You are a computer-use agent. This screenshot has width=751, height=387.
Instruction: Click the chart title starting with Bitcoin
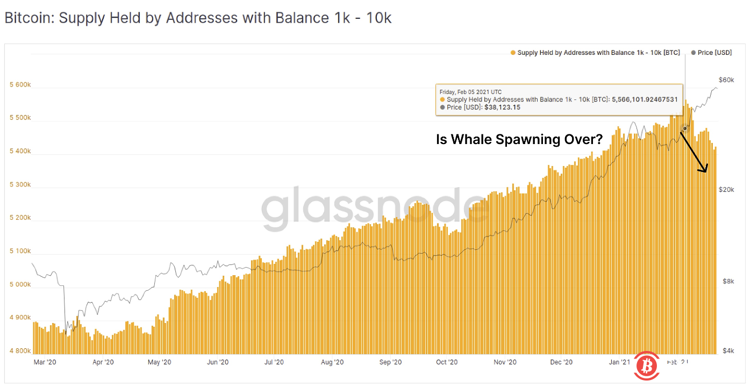pos(198,18)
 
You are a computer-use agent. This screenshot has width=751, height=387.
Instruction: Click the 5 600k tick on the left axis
pos(20,85)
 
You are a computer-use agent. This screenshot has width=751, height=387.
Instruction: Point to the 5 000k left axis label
pos(20,285)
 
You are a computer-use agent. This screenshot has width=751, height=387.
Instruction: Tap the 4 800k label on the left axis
pos(20,351)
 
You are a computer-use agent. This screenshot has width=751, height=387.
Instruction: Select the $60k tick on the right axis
pos(726,80)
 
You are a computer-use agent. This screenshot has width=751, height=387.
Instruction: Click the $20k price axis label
pos(726,190)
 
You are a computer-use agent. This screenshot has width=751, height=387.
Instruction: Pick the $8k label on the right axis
pos(727,281)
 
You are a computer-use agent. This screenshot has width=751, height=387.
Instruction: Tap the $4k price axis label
pos(727,351)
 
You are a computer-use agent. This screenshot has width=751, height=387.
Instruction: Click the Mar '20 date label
pos(45,362)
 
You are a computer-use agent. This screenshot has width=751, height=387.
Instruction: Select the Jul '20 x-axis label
pos(274,362)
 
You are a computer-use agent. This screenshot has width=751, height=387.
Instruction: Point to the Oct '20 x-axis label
pos(447,362)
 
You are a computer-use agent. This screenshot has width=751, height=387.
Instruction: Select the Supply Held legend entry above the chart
pos(595,53)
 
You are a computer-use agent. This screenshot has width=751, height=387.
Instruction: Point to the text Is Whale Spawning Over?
pos(519,140)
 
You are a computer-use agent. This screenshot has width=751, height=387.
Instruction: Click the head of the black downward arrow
pos(705,171)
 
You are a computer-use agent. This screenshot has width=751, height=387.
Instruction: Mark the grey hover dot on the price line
pos(685,128)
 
